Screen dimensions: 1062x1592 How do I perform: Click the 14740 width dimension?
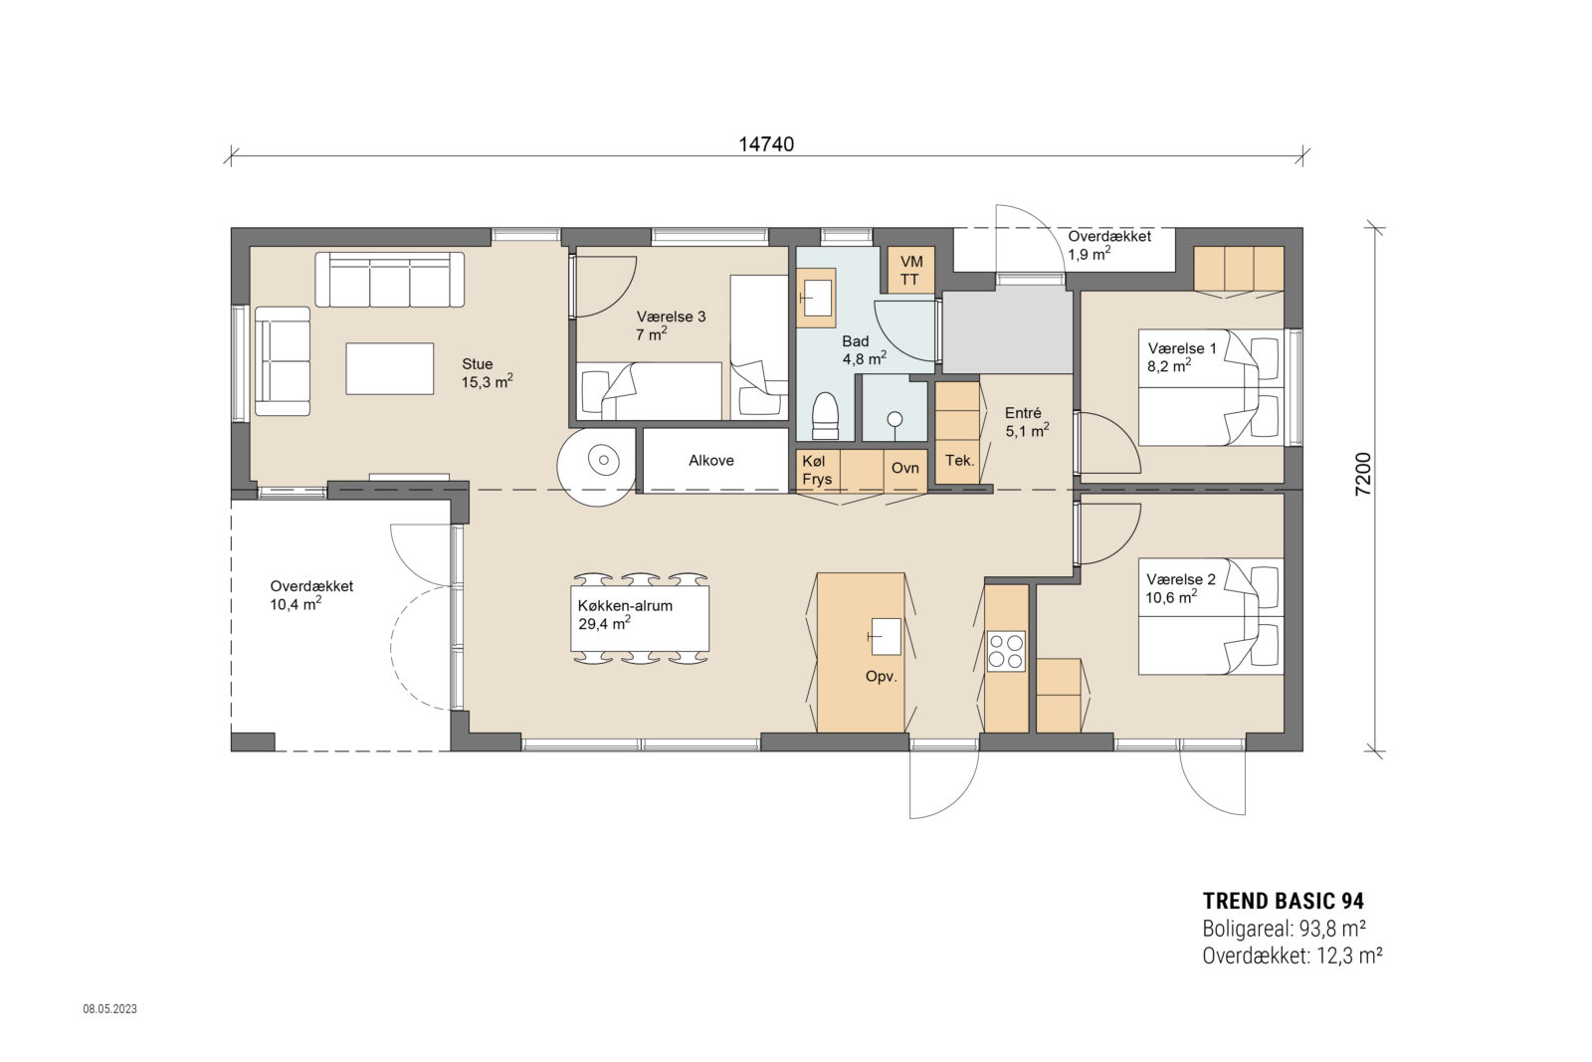point(766,143)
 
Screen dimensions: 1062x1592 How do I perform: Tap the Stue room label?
point(478,364)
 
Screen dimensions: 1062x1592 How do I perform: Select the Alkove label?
point(711,460)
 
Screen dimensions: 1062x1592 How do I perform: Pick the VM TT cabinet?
point(910,270)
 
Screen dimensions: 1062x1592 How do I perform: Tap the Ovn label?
point(905,467)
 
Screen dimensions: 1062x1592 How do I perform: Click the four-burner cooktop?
point(1006,650)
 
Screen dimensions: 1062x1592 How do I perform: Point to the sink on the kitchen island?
point(885,636)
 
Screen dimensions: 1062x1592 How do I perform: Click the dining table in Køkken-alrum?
point(640,618)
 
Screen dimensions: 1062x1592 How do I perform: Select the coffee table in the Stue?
point(389,368)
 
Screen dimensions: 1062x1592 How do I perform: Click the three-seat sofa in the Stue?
point(390,280)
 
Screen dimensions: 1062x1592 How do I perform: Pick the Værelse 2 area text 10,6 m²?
point(1171,597)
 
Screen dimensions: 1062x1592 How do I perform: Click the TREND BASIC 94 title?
point(1283,901)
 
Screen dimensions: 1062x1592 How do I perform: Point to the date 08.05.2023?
point(109,1009)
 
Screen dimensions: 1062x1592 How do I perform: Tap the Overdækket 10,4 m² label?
point(311,595)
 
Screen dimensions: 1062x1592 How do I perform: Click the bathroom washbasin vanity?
point(817,298)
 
